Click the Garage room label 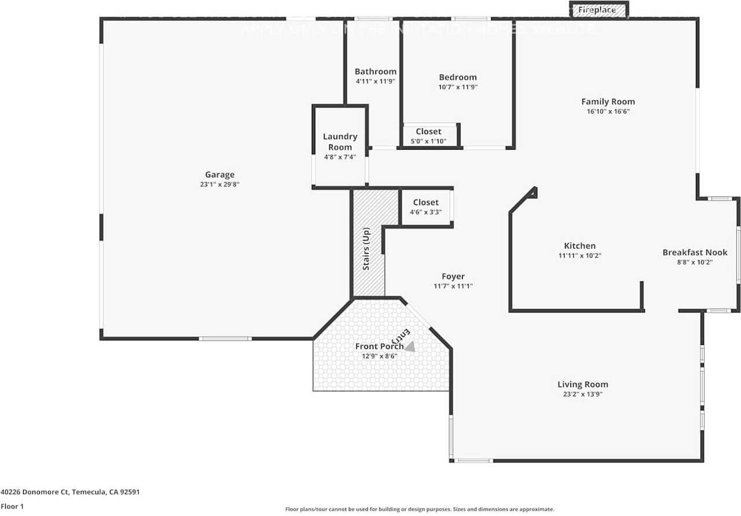point(219,175)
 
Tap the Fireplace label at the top point(597,10)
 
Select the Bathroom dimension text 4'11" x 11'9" point(375,82)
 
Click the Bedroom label point(457,78)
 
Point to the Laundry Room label point(340,142)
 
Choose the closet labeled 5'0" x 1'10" point(428,136)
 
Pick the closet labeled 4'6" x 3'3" point(425,207)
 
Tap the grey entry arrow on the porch point(410,347)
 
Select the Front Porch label point(379,347)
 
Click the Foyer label point(453,277)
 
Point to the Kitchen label point(579,246)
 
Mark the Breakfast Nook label point(695,252)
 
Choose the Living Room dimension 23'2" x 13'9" point(582,394)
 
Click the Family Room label point(608,102)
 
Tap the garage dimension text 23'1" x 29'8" point(219,185)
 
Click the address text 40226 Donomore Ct point(70,492)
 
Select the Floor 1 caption point(12,506)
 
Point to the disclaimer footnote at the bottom point(420,509)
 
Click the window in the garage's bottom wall point(225,338)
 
